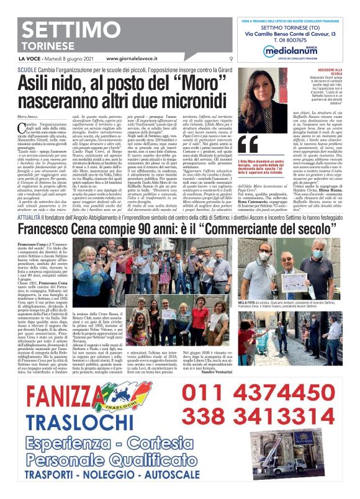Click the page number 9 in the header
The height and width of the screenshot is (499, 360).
click(x=230, y=59)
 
